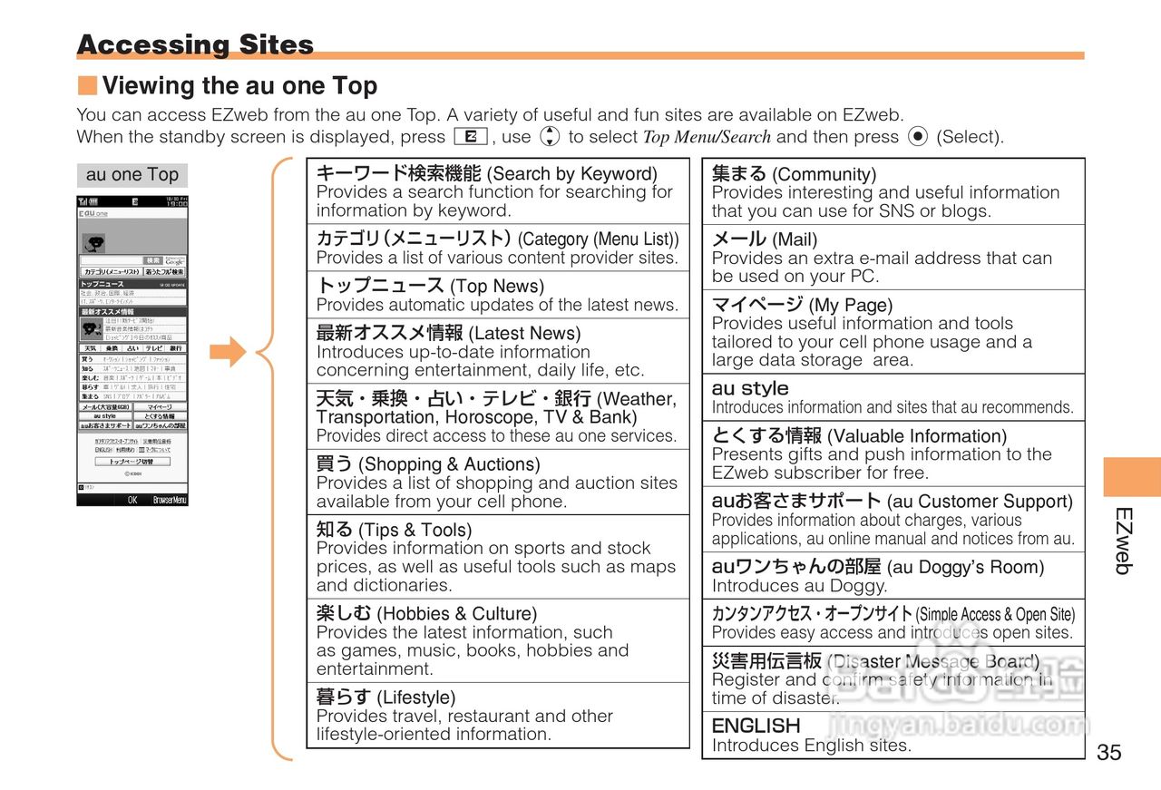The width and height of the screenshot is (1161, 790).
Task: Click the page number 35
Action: tap(1108, 752)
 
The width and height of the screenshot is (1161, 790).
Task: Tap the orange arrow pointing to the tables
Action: tap(228, 352)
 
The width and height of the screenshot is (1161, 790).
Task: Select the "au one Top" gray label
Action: tap(132, 175)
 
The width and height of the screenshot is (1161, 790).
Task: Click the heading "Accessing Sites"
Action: tap(195, 44)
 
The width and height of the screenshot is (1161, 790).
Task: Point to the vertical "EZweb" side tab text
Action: tap(1123, 541)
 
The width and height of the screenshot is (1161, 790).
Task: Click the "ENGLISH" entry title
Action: tap(756, 726)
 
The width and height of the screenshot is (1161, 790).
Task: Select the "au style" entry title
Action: tap(750, 388)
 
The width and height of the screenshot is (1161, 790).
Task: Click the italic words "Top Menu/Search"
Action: tap(707, 138)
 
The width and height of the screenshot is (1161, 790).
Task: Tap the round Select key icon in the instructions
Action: tap(917, 137)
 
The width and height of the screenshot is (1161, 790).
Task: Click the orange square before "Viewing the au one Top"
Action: tap(87, 86)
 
